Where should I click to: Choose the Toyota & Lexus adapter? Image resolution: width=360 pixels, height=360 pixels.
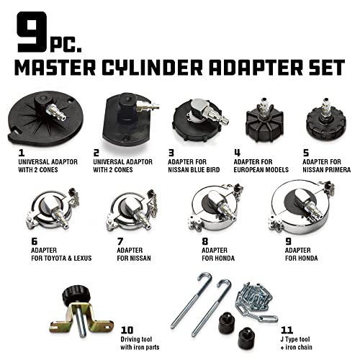pos(50,216)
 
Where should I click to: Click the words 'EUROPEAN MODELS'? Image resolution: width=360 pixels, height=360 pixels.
pos(259,171)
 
